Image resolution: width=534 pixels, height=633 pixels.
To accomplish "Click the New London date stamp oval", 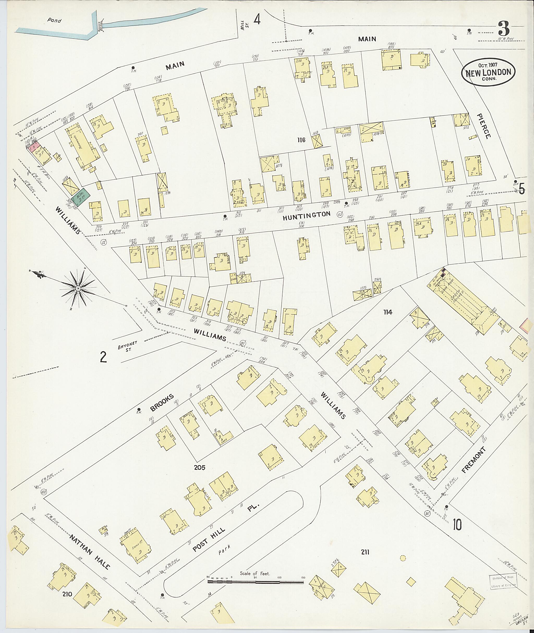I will click(488, 72).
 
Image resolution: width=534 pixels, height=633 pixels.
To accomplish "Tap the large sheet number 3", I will click(503, 30).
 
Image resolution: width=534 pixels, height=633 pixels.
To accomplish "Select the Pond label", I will click(54, 21).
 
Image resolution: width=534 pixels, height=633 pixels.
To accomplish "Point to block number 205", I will click(199, 468).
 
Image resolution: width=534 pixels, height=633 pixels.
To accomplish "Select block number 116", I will click(301, 140).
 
